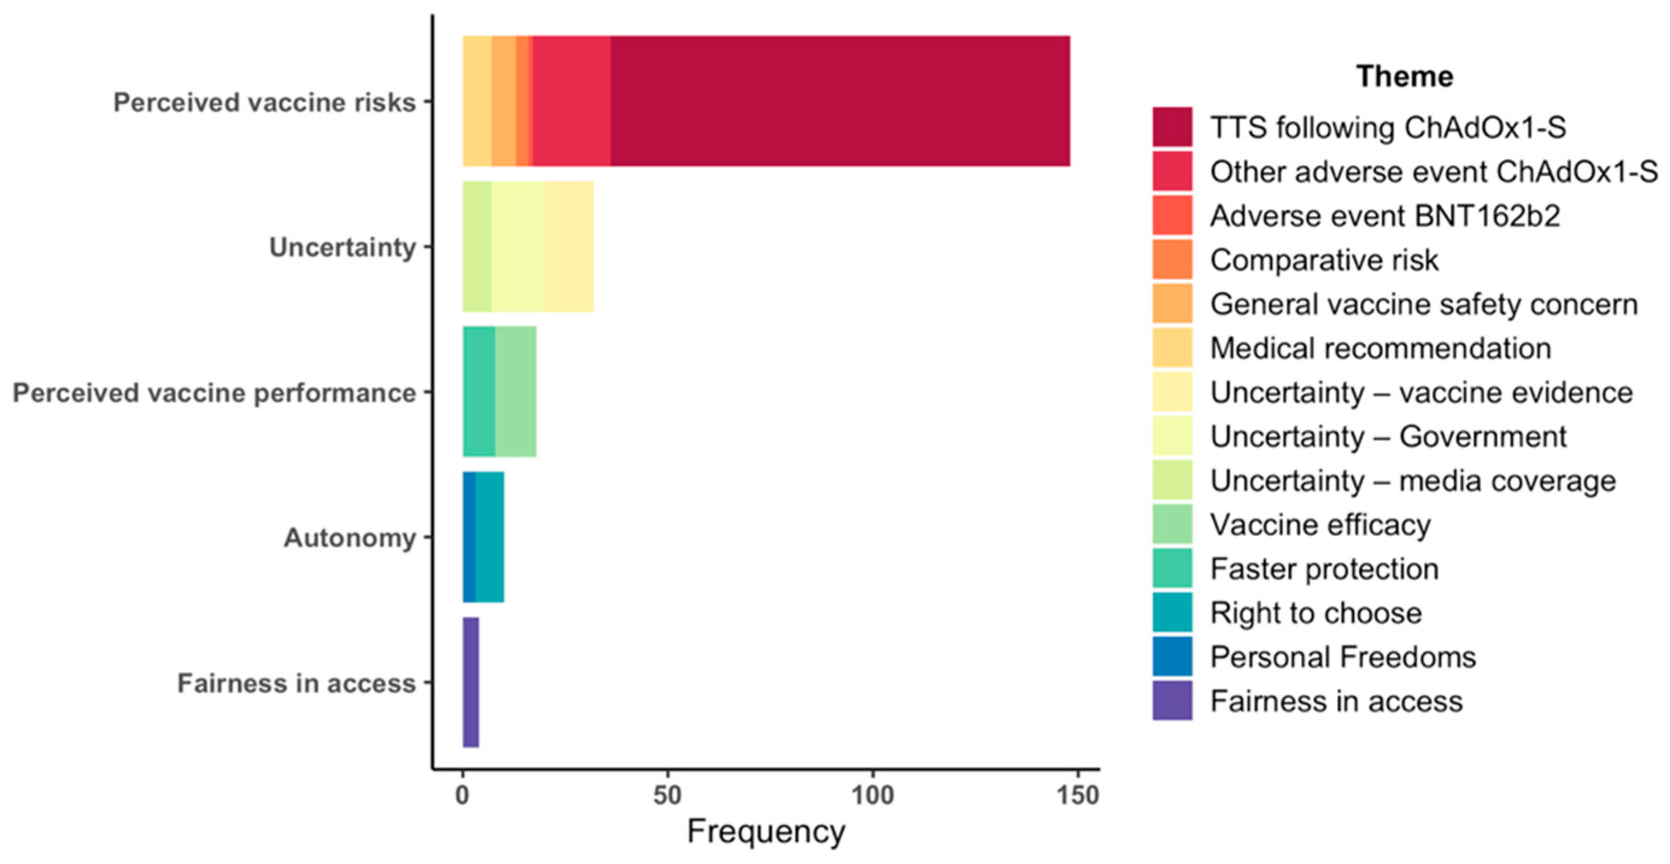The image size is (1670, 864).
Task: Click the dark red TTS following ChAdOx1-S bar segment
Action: (x=840, y=101)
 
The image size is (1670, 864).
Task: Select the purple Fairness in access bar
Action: (x=471, y=683)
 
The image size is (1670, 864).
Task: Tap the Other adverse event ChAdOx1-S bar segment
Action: (x=571, y=101)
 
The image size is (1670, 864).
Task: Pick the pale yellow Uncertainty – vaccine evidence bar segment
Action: (x=568, y=247)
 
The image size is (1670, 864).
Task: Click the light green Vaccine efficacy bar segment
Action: (x=515, y=392)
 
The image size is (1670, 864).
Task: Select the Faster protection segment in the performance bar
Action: (x=479, y=392)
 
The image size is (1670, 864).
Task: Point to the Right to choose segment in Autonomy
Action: (x=489, y=537)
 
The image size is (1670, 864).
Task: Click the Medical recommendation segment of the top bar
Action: (x=477, y=101)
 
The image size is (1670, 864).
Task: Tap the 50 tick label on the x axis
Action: (x=667, y=795)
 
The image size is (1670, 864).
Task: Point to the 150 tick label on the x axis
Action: (x=1078, y=795)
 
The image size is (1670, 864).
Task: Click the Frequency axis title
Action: (x=765, y=831)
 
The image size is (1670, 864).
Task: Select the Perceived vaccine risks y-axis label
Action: (x=265, y=102)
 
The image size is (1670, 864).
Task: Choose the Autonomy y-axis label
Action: (x=350, y=538)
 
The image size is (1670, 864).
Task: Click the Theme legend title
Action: (x=1404, y=77)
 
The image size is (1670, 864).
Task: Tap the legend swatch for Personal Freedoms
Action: (x=1172, y=657)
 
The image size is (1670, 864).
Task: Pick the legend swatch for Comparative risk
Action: (x=1172, y=259)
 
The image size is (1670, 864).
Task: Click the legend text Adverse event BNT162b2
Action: (x=1385, y=216)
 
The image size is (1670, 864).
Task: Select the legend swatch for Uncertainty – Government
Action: (x=1172, y=436)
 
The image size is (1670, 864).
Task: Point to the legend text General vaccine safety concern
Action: (x=1424, y=304)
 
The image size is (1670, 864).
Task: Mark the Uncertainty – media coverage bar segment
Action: (x=477, y=247)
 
